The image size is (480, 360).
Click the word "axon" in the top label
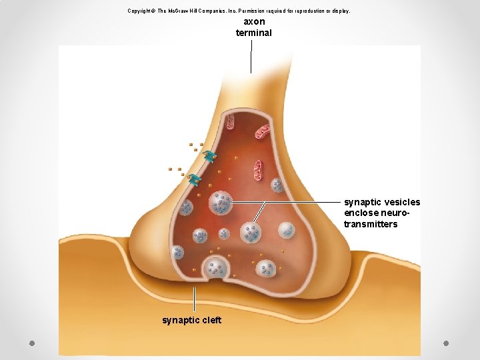254,22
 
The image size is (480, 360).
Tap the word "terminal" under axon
254,33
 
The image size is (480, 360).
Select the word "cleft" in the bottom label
210,320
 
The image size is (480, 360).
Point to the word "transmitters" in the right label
371,224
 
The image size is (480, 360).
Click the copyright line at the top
239,11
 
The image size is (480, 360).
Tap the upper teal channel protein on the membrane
210,156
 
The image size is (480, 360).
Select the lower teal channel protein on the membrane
194,179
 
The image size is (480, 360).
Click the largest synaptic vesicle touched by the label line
221,203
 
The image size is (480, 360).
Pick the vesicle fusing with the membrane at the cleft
215,268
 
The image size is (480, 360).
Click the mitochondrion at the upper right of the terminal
263,131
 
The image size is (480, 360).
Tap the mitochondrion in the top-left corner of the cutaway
229,121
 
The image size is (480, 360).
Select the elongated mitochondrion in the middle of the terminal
259,170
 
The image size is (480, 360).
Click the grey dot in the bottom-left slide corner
32,343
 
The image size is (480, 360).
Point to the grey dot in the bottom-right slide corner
446,343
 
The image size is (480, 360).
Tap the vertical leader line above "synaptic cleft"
194,299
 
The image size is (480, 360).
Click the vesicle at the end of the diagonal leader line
251,233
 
